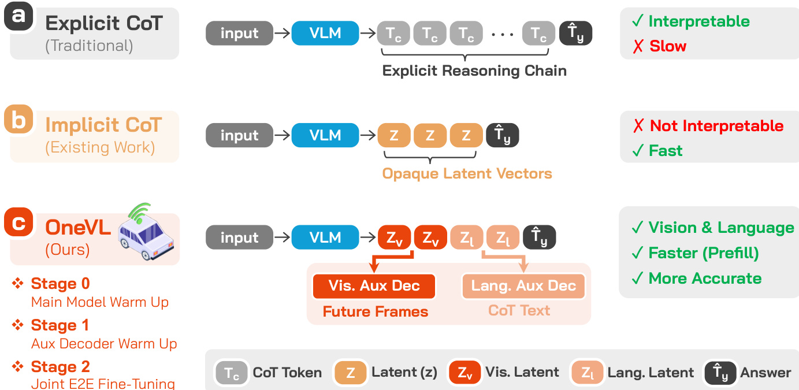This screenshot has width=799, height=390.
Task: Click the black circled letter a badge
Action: [19, 16]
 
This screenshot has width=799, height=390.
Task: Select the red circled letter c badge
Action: [18, 222]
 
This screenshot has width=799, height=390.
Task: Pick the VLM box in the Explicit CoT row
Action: [325, 34]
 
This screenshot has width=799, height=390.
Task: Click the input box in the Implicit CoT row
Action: [239, 136]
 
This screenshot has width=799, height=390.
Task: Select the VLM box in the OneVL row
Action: [325, 237]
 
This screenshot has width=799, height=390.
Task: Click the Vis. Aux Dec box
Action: [374, 286]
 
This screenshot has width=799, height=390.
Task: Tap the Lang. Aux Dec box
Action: [523, 286]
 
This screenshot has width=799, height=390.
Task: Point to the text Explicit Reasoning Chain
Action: [474, 71]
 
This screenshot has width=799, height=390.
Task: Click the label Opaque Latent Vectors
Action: [467, 173]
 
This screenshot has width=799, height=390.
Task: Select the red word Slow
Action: [668, 46]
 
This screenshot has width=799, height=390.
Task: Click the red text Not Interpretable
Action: [716, 126]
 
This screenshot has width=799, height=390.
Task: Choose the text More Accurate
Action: [705, 278]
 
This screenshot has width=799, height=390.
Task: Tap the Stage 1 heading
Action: [60, 325]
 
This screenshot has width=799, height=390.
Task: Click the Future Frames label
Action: [376, 312]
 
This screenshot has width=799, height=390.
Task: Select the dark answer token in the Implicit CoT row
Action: [503, 136]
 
